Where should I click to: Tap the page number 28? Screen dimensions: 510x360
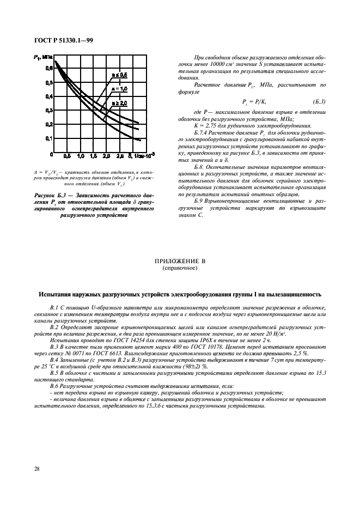37,468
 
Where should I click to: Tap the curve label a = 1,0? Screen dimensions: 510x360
119,88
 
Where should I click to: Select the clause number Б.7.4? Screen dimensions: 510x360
203,132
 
